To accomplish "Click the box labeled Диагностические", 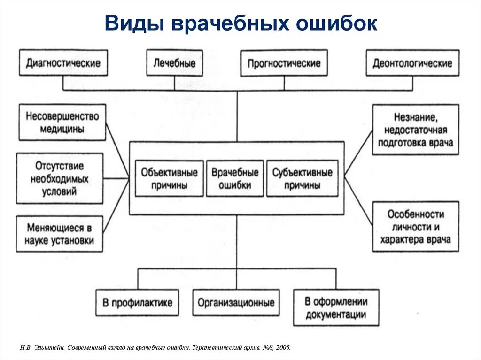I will [63, 62].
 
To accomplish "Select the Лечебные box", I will [174, 62].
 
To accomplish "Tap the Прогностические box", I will [284, 62].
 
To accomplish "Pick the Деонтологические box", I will [412, 62].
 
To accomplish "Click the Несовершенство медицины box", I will [62, 122].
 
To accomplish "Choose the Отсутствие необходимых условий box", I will [60, 178].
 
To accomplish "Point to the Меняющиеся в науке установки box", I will [60, 234].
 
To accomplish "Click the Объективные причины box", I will [169, 178].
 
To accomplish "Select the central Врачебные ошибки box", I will [235, 178].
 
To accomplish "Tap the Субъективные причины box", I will [302, 178].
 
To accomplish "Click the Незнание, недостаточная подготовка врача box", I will [415, 130].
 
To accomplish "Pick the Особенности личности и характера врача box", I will [415, 226].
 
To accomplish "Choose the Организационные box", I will [236, 302].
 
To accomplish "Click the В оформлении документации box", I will [336, 307].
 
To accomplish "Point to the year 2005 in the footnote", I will [283, 348].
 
